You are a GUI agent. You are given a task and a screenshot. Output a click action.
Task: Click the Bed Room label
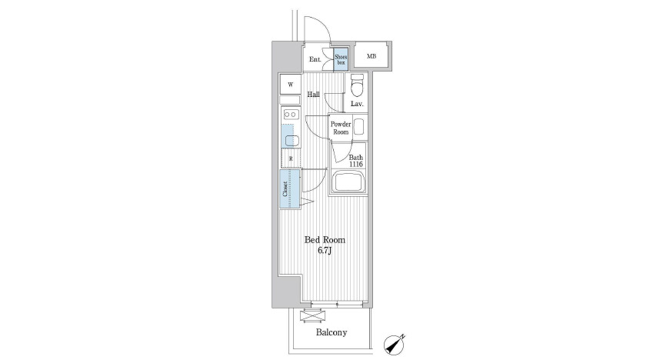click(x=325, y=240)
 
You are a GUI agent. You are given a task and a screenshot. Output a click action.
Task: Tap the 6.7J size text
click(x=325, y=251)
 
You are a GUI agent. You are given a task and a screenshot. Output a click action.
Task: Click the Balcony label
click(x=331, y=332)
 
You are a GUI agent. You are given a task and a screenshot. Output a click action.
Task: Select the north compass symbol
click(x=395, y=345)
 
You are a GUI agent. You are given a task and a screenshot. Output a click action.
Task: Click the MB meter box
click(x=371, y=56)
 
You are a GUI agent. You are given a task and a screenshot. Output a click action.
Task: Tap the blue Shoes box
click(x=341, y=59)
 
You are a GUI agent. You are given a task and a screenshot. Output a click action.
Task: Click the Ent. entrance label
click(x=315, y=59)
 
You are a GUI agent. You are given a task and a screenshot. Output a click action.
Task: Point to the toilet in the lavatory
click(x=358, y=85)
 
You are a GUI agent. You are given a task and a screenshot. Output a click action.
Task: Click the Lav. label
click(x=358, y=104)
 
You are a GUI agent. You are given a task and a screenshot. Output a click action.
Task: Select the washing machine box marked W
click(x=290, y=85)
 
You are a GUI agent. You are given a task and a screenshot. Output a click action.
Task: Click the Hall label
click(x=313, y=95)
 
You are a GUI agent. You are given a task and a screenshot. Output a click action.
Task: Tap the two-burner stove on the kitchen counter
click(x=291, y=114)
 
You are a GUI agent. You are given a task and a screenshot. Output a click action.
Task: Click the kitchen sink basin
click(x=292, y=141)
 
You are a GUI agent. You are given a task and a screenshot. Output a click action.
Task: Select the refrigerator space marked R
click(x=291, y=158)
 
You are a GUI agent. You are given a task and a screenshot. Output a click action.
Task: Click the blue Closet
click(x=290, y=188)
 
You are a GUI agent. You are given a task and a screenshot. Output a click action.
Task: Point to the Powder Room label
click(x=341, y=128)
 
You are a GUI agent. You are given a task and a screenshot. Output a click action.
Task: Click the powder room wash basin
click(x=358, y=127)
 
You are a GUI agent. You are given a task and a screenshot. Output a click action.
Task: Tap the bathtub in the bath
click(x=349, y=182)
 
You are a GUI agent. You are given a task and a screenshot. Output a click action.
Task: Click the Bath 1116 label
click(x=355, y=161)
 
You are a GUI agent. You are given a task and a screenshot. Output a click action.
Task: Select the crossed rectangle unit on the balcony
click(x=314, y=316)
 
